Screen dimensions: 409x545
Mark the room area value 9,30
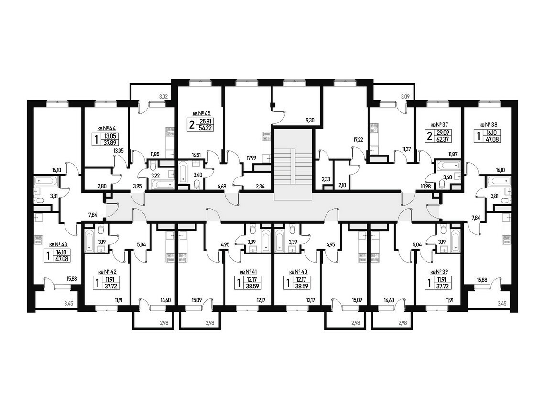[310, 120]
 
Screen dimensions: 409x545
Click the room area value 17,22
[358, 140]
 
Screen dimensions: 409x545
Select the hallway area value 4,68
[222, 186]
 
